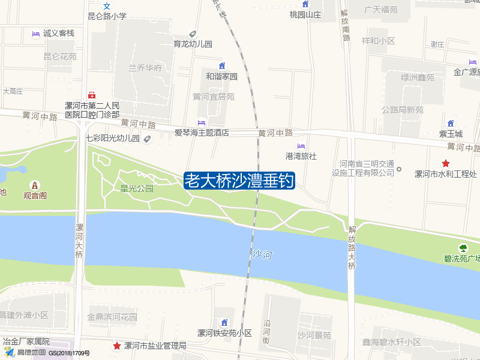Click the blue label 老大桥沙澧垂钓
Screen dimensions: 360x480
tap(239, 181)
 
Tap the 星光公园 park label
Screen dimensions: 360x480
tap(137, 188)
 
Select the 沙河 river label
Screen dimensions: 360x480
tap(262, 255)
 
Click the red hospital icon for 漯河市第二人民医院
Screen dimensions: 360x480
tap(92, 95)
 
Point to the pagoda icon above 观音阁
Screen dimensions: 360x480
tap(35, 184)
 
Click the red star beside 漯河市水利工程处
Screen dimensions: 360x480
tap(445, 163)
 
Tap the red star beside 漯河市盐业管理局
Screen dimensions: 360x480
tap(116, 346)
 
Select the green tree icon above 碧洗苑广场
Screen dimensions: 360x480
tap(463, 248)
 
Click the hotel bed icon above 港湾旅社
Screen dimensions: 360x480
tap(301, 146)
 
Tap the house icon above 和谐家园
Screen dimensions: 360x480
tap(222, 66)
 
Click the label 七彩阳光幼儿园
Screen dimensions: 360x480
tap(112, 139)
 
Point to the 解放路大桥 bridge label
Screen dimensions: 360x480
tap(352, 247)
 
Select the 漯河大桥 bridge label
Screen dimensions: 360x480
tap(79, 241)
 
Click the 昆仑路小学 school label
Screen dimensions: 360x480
tap(107, 16)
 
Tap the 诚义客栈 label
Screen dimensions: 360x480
tap(58, 34)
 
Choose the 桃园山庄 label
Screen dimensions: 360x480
tap(305, 14)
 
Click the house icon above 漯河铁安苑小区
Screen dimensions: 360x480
tap(224, 323)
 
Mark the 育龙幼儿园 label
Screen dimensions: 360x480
tap(193, 44)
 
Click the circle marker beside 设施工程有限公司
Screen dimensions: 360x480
tap(399, 169)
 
